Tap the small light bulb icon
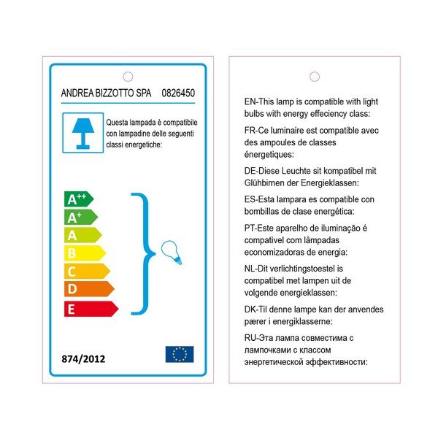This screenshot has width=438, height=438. pos(171,253)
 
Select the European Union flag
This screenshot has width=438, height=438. pos(180,354)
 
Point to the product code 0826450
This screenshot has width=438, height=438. pos(177,93)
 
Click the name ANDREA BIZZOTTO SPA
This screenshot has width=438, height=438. pos(104,93)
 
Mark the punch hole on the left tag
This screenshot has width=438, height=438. pos(128,76)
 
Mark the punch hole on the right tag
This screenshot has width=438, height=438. pos(315,77)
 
